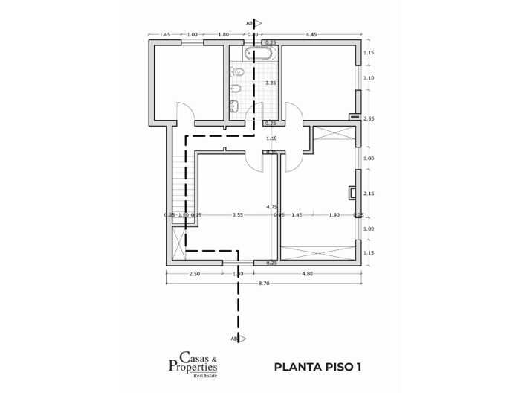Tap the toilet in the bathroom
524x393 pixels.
[236, 72]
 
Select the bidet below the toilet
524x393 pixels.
[236, 89]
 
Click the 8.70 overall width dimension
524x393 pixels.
[264, 284]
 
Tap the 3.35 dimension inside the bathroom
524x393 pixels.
[271, 83]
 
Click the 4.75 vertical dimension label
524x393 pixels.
[272, 206]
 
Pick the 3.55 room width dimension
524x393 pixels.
[237, 215]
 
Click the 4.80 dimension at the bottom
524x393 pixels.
[307, 275]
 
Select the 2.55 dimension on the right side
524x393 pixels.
[369, 118]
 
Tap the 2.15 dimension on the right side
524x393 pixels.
[369, 194]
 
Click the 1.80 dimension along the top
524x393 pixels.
[223, 34]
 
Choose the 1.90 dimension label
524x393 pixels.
[334, 215]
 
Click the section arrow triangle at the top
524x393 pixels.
[255, 23]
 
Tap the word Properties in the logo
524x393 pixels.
[192, 367]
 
